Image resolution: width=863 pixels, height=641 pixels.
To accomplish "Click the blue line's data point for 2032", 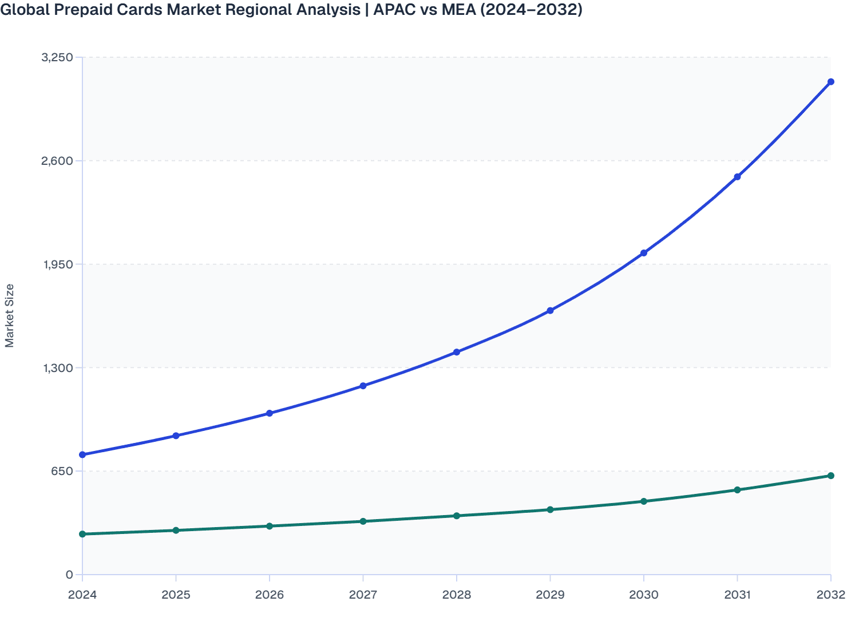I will tap(830, 82).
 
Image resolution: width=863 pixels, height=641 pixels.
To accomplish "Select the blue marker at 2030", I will tap(643, 253).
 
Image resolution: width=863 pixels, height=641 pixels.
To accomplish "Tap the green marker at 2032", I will tap(830, 476).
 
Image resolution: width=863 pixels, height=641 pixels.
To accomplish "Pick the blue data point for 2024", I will tap(82, 454).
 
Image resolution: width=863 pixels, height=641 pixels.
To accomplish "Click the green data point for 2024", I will tap(82, 534).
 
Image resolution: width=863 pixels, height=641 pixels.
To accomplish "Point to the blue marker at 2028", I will tap(457, 352).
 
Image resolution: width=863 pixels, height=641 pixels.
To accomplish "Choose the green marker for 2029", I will tap(550, 509).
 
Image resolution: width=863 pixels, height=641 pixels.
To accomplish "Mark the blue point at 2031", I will tap(737, 177).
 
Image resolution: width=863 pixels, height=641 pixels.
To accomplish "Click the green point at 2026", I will tap(270, 526).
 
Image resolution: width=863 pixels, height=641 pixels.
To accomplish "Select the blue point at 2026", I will tap(270, 413).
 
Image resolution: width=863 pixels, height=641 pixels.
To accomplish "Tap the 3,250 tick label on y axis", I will tap(57, 57).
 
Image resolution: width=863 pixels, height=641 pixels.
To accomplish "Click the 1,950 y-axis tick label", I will tap(57, 264).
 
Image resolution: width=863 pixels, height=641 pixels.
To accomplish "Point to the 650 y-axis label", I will tap(63, 471).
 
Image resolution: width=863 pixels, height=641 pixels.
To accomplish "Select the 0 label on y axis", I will tap(69, 575).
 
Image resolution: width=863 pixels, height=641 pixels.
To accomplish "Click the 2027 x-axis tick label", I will tap(363, 595).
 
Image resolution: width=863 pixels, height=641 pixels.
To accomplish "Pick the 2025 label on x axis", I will tap(176, 595).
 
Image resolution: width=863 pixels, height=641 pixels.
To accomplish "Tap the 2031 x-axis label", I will tap(737, 595).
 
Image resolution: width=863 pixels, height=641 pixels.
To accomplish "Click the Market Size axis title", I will tap(9, 315).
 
